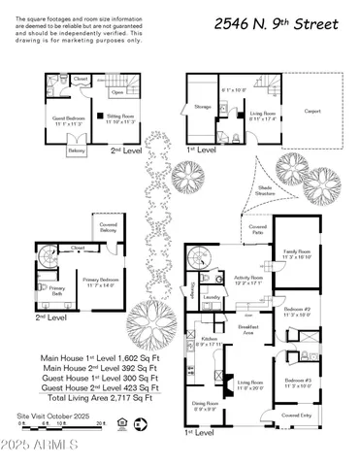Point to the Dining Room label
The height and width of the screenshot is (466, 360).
point(203,403)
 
